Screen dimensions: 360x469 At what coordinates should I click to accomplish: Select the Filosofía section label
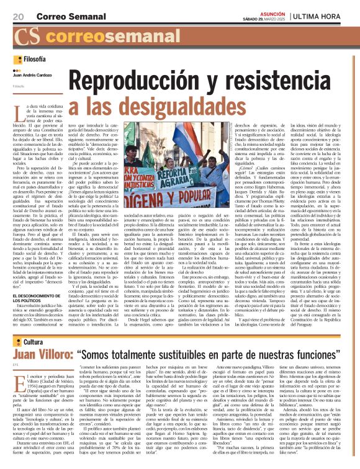(34, 60)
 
